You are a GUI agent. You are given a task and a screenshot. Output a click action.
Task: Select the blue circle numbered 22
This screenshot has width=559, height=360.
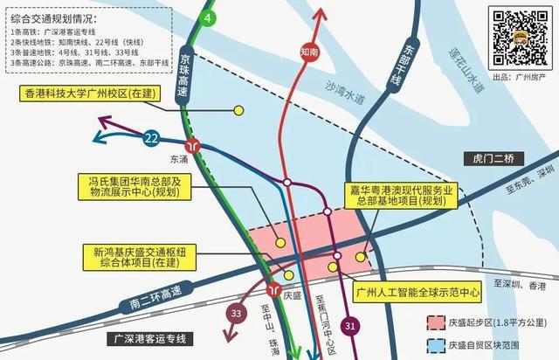152,137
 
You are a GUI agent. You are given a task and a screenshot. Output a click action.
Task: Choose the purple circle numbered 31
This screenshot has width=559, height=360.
349,326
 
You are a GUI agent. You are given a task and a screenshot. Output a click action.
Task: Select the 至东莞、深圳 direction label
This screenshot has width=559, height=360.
529,185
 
